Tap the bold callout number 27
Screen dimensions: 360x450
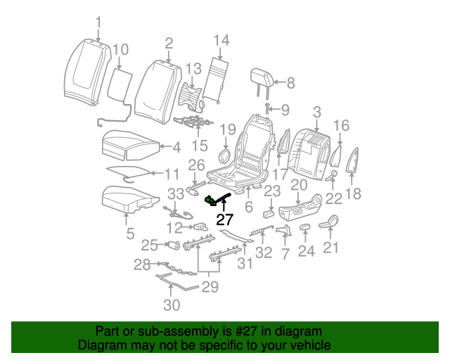[224, 219]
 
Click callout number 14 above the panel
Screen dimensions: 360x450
[221, 40]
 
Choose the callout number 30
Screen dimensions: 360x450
[172, 304]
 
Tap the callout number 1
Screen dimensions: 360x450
[98, 21]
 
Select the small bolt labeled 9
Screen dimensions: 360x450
[268, 108]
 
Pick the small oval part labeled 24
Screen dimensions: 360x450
[305, 227]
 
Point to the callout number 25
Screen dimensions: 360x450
[148, 245]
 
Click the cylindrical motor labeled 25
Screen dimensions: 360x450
[173, 245]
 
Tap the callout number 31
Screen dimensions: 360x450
[245, 264]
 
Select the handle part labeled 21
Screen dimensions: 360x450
[329, 224]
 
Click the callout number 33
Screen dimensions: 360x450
[175, 193]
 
